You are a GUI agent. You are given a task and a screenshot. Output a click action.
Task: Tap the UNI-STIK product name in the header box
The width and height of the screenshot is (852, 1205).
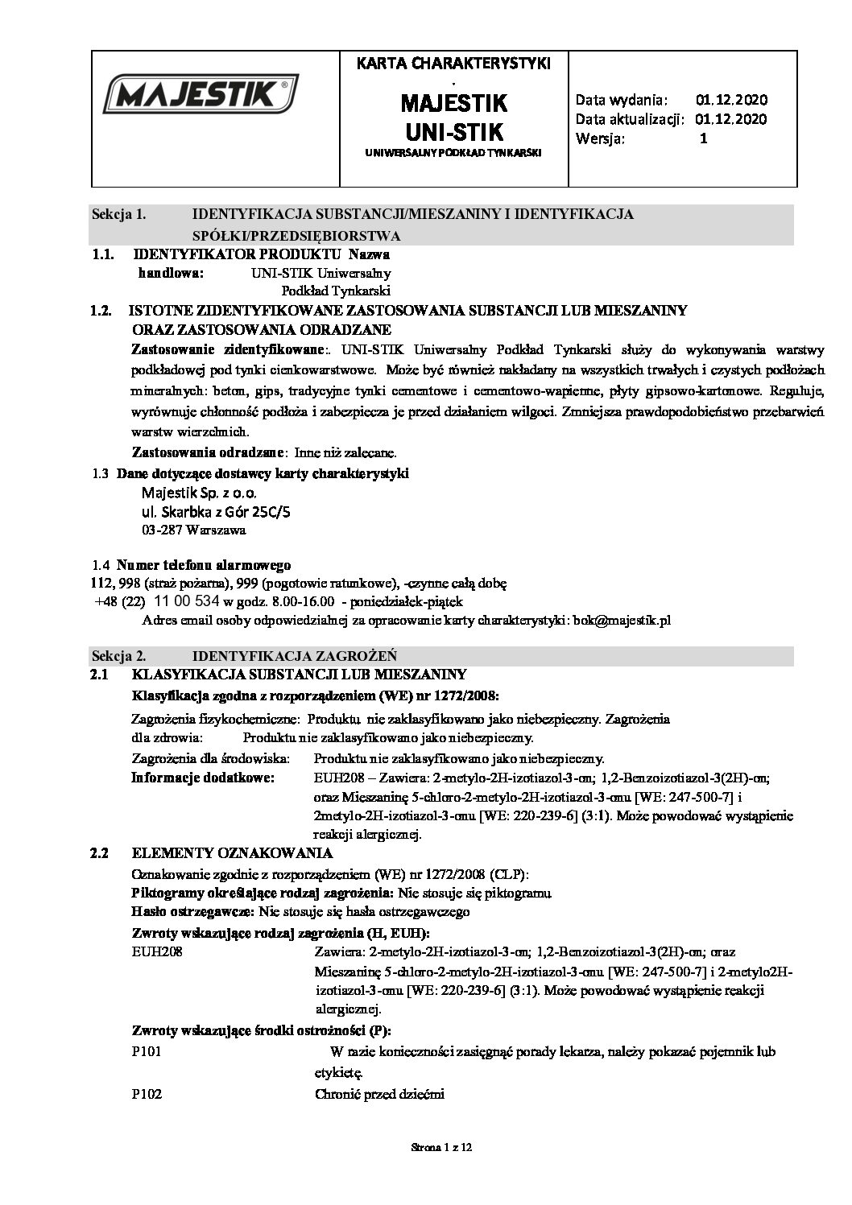(453, 131)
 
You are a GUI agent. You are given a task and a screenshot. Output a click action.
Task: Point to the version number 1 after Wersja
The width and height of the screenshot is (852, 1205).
(703, 138)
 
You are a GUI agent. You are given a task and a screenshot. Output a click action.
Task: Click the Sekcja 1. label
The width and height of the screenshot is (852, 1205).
(118, 214)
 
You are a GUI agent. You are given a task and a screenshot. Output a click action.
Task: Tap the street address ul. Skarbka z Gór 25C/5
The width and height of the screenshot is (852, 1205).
(215, 512)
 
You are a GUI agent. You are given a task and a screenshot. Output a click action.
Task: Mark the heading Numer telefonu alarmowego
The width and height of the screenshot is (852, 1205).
(204, 565)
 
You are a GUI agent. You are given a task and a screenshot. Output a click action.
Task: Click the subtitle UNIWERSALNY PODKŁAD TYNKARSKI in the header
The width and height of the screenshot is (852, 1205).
(453, 152)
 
